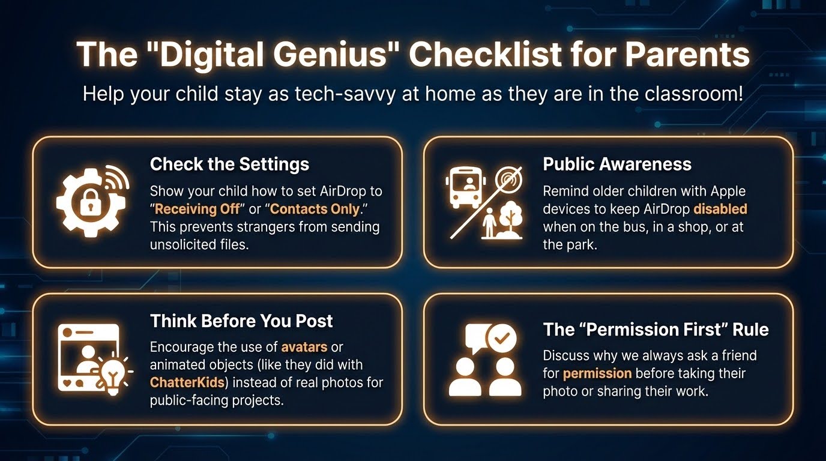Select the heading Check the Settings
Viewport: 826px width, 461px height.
click(x=229, y=164)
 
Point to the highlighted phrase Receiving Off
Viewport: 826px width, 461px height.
click(x=197, y=209)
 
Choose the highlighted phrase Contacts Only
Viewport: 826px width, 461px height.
click(x=315, y=209)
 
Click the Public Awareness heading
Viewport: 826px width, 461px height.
click(x=617, y=164)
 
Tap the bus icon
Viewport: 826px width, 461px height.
click(x=465, y=187)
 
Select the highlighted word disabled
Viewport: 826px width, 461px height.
click(x=720, y=209)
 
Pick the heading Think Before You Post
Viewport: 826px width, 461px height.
click(x=241, y=321)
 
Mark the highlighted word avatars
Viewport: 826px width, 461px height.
click(x=304, y=347)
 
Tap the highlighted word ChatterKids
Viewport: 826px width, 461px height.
click(x=187, y=382)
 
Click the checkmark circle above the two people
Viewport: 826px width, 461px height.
click(x=501, y=338)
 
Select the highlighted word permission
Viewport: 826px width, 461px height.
click(x=597, y=373)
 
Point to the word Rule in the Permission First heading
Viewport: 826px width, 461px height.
click(x=750, y=330)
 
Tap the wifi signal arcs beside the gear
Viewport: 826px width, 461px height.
click(x=117, y=177)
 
